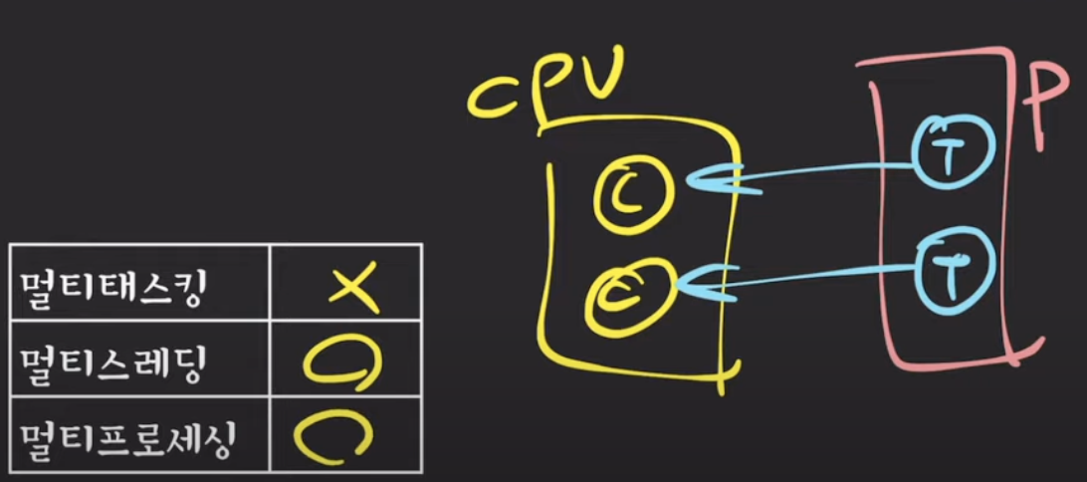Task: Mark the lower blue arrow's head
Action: pyautogui.click(x=697, y=283)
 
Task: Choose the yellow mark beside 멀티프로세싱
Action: pyautogui.click(x=338, y=434)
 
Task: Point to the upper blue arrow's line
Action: pyautogui.click(x=826, y=172)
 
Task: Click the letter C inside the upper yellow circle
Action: pyautogui.click(x=629, y=193)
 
